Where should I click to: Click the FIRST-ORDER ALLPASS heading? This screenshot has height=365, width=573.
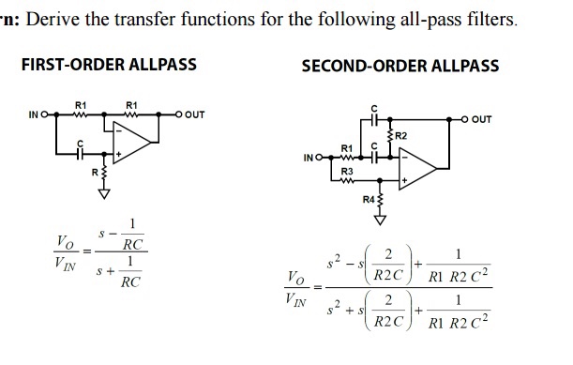[x=109, y=64]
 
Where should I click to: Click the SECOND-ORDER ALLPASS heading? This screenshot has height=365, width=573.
[x=400, y=66]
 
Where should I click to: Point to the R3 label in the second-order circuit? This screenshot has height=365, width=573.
[x=348, y=173]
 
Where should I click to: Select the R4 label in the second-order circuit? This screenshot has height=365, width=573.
[x=368, y=198]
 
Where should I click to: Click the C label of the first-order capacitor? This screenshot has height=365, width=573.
[x=81, y=143]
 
